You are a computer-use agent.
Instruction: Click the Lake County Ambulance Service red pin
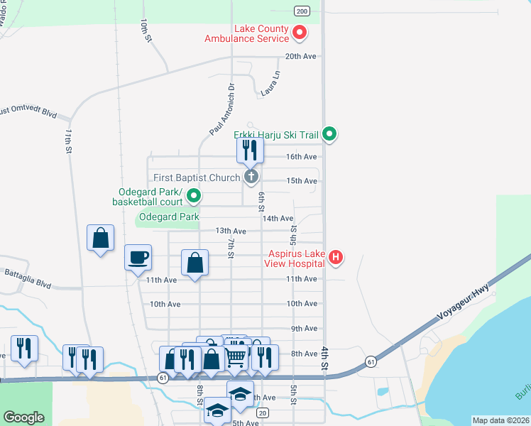300,33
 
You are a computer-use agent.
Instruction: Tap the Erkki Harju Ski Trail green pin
329,133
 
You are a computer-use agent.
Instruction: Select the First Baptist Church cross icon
250,176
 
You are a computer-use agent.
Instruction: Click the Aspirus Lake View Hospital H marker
337,257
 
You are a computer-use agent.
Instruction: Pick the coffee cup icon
138,257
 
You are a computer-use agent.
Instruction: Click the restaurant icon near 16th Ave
250,149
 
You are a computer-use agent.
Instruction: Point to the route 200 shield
302,11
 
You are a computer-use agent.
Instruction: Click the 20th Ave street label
300,56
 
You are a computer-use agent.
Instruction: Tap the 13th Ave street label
231,231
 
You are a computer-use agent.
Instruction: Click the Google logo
23,417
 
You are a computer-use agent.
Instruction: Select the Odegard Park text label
169,217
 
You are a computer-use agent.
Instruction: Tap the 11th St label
69,142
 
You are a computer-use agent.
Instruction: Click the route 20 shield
263,413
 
